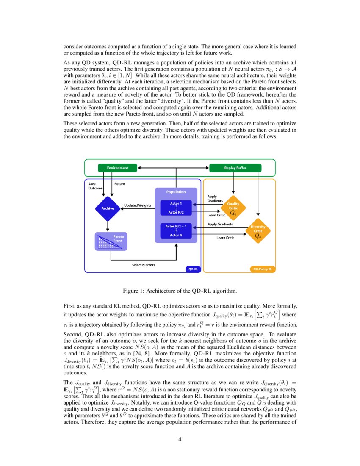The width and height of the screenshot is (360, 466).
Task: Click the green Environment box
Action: click(x=117, y=168)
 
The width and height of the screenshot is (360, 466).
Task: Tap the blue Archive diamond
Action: click(x=108, y=208)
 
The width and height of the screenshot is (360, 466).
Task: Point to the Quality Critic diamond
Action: click(x=233, y=208)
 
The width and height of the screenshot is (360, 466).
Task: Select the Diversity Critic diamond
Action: click(x=258, y=231)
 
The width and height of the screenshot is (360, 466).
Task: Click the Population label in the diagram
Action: click(x=176, y=192)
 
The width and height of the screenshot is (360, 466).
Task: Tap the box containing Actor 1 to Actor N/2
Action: click(x=176, y=208)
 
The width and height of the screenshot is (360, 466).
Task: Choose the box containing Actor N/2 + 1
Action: click(x=176, y=230)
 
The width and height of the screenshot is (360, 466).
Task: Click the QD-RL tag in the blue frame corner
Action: click(x=193, y=269)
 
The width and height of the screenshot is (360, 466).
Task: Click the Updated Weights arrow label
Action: click(x=137, y=205)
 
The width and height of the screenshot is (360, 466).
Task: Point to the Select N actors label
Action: click(x=144, y=265)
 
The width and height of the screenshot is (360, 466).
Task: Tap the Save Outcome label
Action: click(x=93, y=186)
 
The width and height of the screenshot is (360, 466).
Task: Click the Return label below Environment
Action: click(x=119, y=184)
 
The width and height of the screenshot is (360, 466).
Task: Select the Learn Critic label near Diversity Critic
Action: click(x=225, y=238)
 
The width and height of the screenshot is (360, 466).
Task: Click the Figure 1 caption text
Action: click(x=180, y=291)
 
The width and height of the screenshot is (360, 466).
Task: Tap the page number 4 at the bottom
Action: click(x=180, y=439)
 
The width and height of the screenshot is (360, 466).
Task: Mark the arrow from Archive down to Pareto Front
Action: click(x=108, y=225)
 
